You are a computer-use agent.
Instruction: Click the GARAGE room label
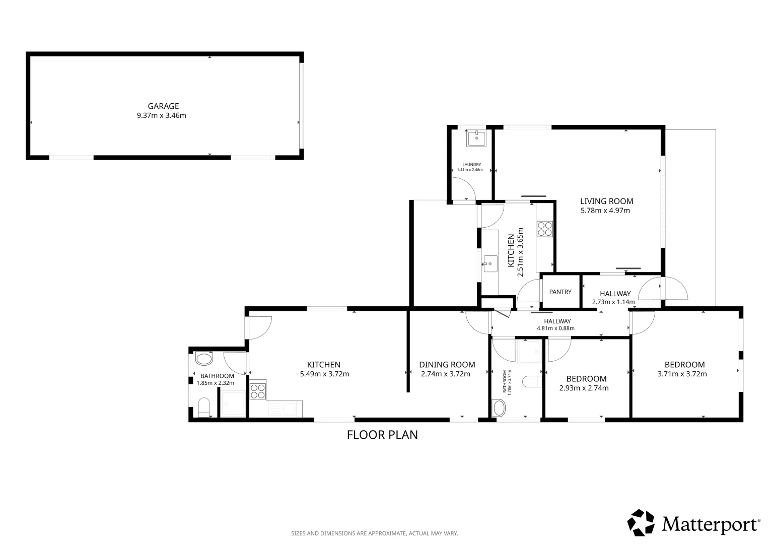pos(163,106)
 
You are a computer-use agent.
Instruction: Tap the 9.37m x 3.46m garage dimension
pos(162,115)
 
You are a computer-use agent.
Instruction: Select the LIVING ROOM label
pos(607,201)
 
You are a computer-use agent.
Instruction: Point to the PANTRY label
pos(561,292)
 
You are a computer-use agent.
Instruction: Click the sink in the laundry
pos(476,139)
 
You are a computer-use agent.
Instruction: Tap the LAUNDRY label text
pos(472,165)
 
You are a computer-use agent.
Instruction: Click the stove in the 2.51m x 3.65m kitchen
pos(545,229)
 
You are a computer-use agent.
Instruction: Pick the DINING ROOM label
pos(447,365)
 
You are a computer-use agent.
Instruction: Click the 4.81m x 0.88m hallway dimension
pos(556,328)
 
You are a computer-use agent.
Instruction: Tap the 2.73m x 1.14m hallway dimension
pos(613,302)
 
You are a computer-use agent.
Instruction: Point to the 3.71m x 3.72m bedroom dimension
pos(682,374)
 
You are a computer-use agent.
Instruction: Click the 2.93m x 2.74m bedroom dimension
pos(584,388)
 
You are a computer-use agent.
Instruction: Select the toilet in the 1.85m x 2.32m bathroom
pos(204,407)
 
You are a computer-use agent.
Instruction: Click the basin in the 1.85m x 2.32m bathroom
pos(204,359)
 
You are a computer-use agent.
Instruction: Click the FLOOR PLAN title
pos(382,435)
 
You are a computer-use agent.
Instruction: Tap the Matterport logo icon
pos(641,523)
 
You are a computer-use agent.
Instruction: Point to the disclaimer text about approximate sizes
pos(375,533)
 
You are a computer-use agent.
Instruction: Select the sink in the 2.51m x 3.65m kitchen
pos(490,264)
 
